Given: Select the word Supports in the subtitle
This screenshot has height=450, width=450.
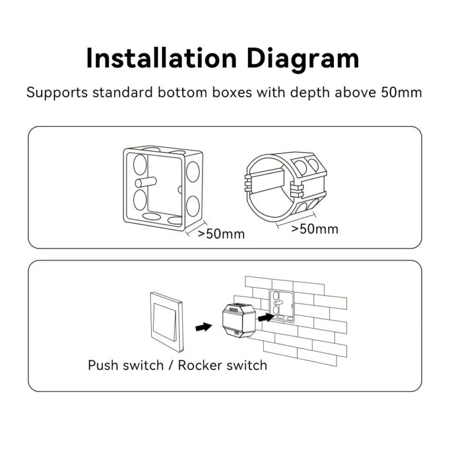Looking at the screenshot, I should [x=54, y=93].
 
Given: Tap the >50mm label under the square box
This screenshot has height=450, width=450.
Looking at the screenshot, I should [x=221, y=234].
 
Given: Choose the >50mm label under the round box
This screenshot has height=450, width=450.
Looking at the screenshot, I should [x=315, y=229].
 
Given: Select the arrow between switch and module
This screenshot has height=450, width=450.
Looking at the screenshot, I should [x=203, y=325].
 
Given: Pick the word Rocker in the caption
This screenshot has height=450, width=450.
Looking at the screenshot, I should [x=199, y=366].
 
